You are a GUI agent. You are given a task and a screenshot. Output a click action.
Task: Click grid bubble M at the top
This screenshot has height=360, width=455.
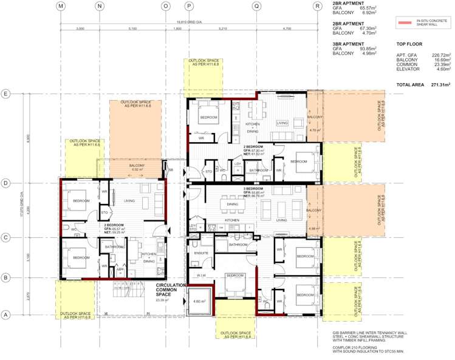(61, 5)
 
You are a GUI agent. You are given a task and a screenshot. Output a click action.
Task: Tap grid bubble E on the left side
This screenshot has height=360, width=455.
(5, 94)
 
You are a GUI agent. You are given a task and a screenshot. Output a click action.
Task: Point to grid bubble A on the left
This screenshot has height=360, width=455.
(5, 314)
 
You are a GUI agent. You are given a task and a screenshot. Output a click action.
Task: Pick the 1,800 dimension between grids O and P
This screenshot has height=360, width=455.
(177, 28)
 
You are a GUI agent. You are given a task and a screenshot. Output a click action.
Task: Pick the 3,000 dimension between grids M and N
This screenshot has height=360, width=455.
(80, 28)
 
